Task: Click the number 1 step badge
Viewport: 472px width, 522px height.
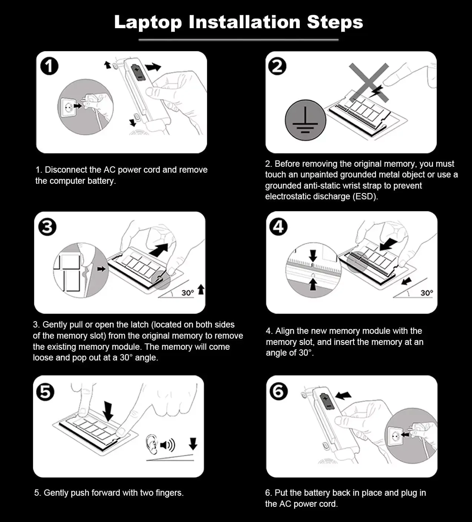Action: pos(49,66)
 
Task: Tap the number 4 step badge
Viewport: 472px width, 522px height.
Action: pos(278,227)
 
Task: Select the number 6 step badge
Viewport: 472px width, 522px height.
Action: pos(278,391)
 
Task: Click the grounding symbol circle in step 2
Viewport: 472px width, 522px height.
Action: pos(305,120)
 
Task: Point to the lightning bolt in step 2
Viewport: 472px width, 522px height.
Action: pos(376,91)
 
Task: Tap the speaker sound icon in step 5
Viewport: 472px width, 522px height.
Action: pos(167,445)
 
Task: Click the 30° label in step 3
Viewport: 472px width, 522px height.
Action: pos(187,293)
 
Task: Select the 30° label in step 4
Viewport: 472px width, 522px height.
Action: pos(427,293)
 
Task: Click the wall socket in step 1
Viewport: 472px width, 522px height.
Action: pos(69,107)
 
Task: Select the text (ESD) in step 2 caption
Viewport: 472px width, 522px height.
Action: pos(365,196)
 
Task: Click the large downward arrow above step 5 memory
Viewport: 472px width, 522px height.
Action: pos(108,411)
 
